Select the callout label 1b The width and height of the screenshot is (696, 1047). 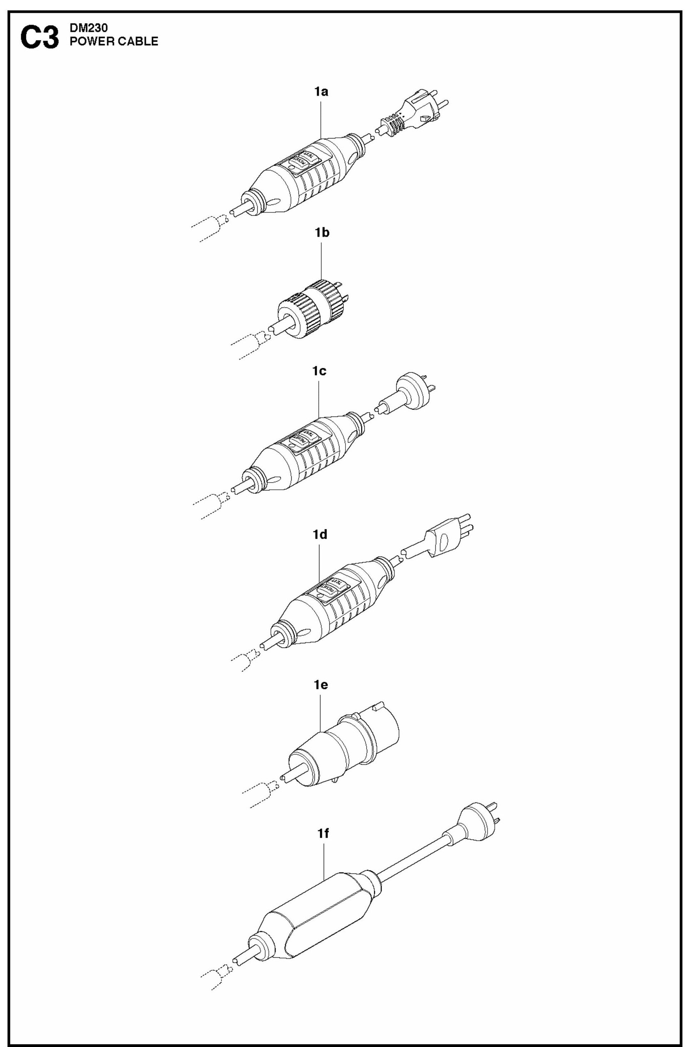[x=322, y=233]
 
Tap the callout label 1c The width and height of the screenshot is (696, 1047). [x=319, y=371]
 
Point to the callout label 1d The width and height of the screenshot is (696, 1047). [x=320, y=535]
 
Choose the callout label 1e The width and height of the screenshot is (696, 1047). [x=320, y=685]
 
